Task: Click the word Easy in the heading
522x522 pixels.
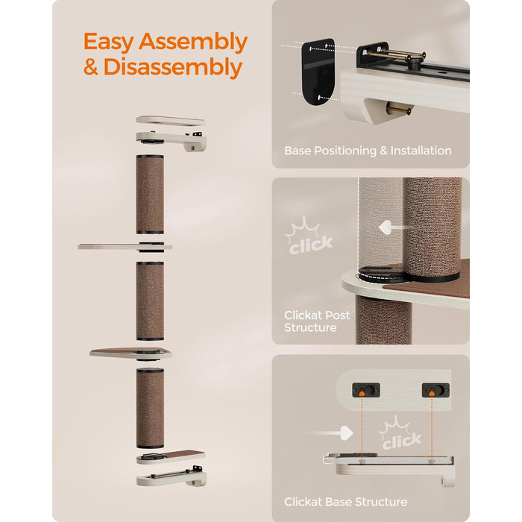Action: pos(109,42)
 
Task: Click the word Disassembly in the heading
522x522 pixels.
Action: pos(172,67)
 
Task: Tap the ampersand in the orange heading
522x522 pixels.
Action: pos(90,67)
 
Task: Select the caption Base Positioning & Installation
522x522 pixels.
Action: pos(368,151)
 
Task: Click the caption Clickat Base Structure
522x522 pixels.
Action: pos(345,502)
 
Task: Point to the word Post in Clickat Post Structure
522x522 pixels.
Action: pos(337,315)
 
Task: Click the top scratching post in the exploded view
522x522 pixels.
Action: pos(150,195)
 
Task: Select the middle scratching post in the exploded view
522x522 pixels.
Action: pos(150,301)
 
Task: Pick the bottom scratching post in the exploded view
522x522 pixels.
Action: pos(150,408)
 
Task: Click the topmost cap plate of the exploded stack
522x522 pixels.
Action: pos(171,121)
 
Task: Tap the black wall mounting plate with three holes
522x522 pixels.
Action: pos(318,72)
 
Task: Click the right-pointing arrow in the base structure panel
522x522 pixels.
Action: pos(330,433)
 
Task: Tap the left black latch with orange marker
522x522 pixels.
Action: pos(366,390)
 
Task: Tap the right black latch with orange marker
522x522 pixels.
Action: pos(435,390)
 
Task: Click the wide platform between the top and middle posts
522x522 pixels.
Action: pos(125,247)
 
